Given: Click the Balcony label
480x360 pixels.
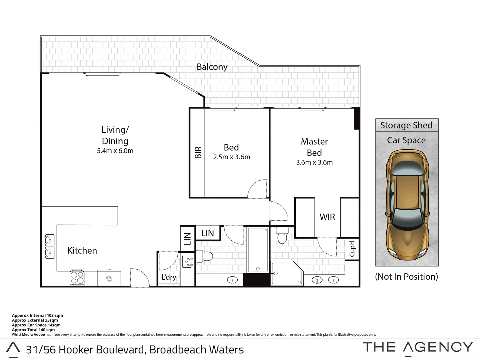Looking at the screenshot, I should click(212, 67).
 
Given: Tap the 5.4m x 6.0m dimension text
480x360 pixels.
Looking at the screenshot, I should click(115, 151).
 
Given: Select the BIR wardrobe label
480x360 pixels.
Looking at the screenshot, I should click(198, 152).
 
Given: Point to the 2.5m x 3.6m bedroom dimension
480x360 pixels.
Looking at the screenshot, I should click(231, 157).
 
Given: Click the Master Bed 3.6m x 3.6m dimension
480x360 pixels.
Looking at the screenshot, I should click(314, 162).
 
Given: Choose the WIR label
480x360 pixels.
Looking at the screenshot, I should click(327, 217).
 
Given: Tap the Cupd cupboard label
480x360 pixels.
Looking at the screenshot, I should click(352, 249).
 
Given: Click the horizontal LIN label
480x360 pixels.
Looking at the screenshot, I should click(207, 233).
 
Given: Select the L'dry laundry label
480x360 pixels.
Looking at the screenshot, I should click(169, 277).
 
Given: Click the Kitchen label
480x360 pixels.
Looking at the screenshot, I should click(82, 251).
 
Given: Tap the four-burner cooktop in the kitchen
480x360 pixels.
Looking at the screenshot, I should click(77, 278).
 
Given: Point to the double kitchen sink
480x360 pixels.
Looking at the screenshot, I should click(49, 246).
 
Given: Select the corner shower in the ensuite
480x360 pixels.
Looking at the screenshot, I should click(286, 273).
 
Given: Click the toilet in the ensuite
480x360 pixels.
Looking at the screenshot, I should click(282, 236).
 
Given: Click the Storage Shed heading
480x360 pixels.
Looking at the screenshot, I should click(406, 125).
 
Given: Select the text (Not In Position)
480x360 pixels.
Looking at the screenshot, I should click(406, 277).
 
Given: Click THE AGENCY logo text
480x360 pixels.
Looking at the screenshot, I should click(418, 347).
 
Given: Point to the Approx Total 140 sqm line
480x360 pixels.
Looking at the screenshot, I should click(33, 330).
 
